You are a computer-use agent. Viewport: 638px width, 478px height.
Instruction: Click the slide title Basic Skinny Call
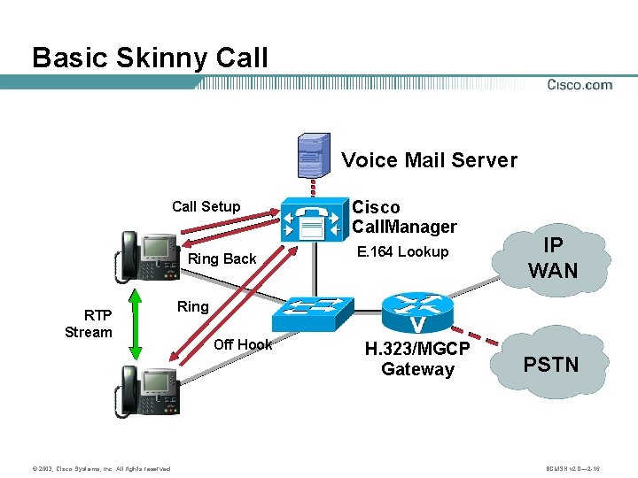150,58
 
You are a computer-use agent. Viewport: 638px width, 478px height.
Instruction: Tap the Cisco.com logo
580,85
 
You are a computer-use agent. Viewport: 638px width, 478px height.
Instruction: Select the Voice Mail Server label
429,160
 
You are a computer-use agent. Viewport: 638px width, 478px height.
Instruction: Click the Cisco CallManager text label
404,217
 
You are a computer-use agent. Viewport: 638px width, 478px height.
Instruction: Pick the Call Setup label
206,206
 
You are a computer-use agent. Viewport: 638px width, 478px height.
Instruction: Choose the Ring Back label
222,258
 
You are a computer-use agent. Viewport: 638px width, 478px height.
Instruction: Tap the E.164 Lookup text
402,252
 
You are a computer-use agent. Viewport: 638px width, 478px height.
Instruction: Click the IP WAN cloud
553,258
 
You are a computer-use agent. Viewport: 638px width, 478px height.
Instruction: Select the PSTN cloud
551,364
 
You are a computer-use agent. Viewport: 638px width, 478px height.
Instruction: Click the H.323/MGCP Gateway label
417,359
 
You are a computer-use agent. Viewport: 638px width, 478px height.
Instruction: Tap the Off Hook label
243,344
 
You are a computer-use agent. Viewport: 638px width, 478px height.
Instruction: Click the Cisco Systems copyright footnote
88,467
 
